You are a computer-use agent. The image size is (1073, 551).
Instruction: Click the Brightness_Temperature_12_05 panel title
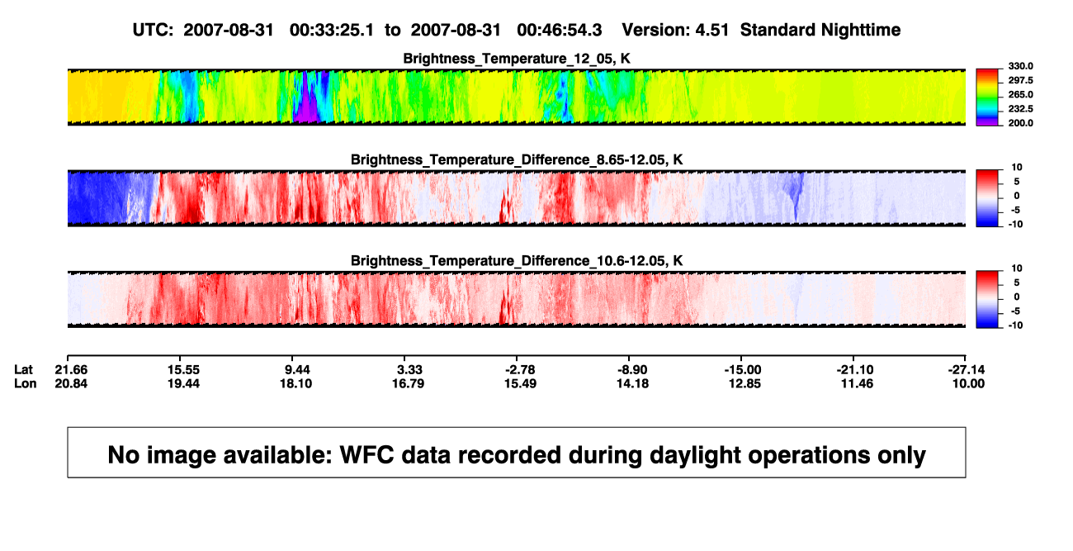tap(517, 59)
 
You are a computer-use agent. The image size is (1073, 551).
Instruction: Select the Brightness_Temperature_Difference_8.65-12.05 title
tap(517, 159)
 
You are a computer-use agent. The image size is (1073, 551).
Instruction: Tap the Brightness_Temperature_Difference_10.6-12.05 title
tap(517, 261)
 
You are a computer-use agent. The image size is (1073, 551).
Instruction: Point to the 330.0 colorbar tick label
tap(1020, 66)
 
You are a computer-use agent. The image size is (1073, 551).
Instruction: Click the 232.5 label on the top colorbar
tap(1020, 109)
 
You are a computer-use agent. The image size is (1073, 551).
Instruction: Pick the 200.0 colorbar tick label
tap(1020, 123)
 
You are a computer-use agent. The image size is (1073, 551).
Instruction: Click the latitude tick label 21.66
tap(71, 370)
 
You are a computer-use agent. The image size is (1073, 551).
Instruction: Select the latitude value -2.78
tap(520, 370)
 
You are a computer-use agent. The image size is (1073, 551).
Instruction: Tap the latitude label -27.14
tap(967, 370)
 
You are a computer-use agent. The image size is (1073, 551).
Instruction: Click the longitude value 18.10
tap(296, 383)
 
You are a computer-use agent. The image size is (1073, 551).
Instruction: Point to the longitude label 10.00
tap(968, 383)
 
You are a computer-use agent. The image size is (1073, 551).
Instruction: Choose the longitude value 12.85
tap(744, 383)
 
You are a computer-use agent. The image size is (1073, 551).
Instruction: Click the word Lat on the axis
tap(23, 370)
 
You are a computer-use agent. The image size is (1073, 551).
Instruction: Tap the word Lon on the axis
tap(25, 383)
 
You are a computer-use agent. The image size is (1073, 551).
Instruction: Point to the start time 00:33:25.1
tap(332, 31)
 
